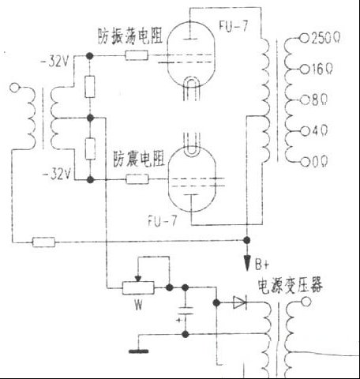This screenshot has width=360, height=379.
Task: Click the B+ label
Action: click(261, 263)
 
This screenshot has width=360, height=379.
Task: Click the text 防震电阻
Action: click(139, 156)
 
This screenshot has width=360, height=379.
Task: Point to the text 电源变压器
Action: click(288, 283)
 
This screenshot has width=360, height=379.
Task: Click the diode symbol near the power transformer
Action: click(238, 302)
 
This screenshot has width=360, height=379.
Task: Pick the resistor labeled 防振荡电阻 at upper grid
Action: click(136, 56)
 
